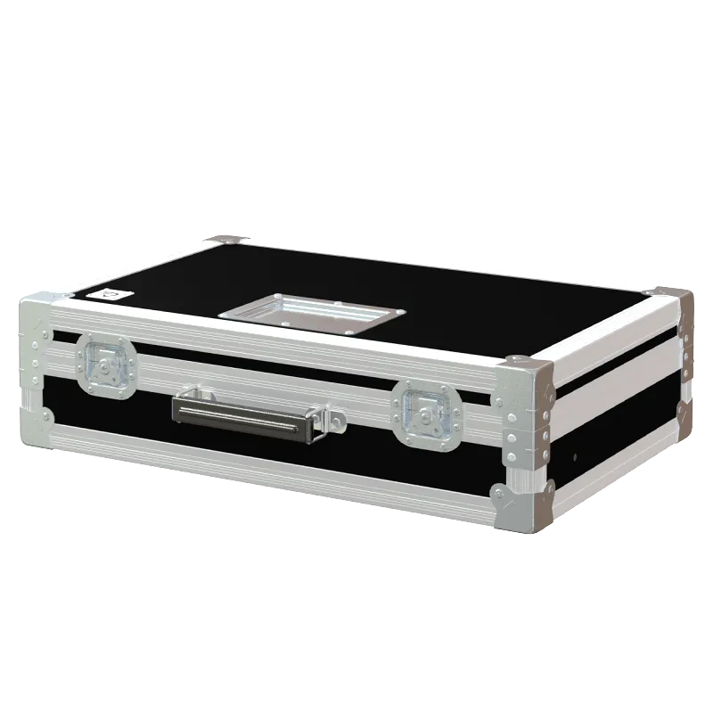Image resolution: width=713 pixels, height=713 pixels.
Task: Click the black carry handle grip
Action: pyautogui.click(x=241, y=414)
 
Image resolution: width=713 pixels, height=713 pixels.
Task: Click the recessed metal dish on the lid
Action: pyautogui.click(x=312, y=311)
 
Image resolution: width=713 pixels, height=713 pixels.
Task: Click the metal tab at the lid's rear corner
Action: pyautogui.click(x=224, y=239)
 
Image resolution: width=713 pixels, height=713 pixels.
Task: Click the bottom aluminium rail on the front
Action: pyautogui.click(x=267, y=463)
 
